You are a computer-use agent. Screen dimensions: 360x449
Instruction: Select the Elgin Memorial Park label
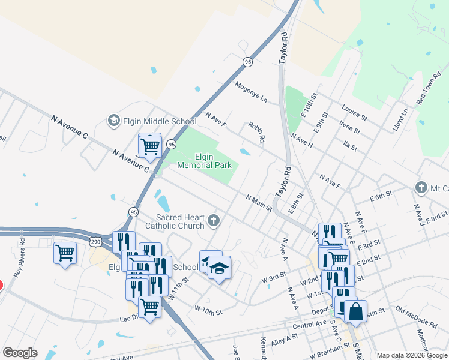205,160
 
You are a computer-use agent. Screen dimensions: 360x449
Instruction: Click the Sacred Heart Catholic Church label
180,221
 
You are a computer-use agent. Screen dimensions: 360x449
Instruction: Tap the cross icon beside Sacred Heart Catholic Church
213,222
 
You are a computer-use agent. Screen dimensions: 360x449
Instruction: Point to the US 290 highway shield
96,241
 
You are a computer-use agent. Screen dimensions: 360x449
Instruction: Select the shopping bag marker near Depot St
355,312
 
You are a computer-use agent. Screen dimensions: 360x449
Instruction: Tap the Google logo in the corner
20,353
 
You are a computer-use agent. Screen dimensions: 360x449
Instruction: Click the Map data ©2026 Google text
412,355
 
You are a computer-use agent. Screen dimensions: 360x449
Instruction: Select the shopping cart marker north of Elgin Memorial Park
149,145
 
